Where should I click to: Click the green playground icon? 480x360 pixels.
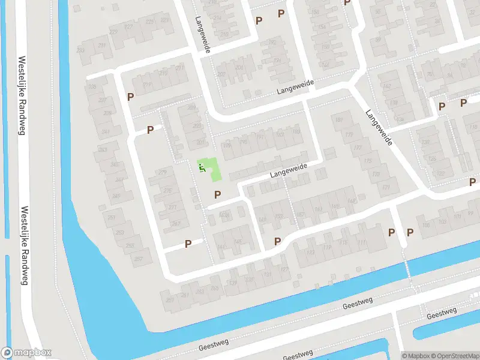tap(202, 167)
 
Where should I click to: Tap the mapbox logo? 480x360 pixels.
tap(26, 353)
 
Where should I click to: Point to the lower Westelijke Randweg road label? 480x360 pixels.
tap(23, 246)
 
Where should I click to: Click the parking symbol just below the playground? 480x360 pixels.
tap(217, 194)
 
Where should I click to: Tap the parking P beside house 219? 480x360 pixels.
tap(130, 96)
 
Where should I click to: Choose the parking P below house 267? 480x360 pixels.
tap(188, 244)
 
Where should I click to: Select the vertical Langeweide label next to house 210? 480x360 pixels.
tap(202, 34)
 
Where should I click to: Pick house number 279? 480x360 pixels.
tap(161, 173)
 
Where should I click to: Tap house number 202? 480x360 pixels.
tap(222, 74)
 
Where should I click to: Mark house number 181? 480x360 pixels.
tap(340, 121)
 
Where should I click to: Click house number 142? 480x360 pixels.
tap(352, 200)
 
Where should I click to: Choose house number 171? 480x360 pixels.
tap(386, 188)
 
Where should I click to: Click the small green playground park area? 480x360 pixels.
tap(210, 169)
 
